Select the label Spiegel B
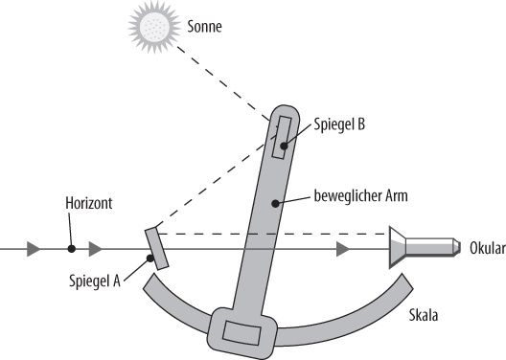click(x=340, y=124)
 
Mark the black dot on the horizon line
click(x=71, y=250)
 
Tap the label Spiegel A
click(x=95, y=281)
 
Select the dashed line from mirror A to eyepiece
click(x=268, y=232)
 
